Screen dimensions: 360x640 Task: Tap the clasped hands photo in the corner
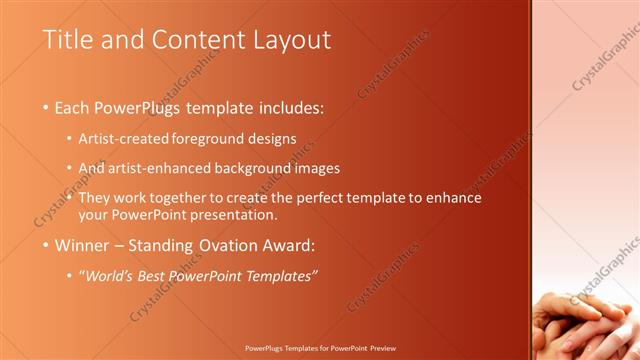tap(590, 320)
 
